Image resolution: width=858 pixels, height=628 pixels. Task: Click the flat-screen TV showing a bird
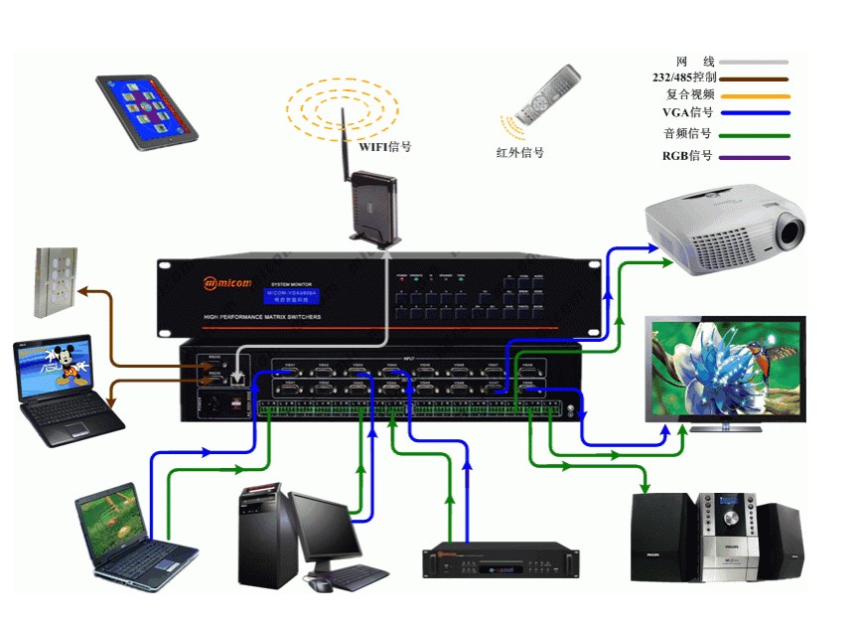(x=725, y=374)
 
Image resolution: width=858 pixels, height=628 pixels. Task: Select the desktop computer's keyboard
(x=348, y=576)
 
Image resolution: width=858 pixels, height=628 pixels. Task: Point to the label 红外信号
(x=520, y=152)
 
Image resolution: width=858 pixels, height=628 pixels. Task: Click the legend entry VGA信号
(x=688, y=112)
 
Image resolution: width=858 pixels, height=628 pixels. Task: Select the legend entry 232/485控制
(x=684, y=77)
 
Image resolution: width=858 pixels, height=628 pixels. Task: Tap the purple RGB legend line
(x=755, y=157)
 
